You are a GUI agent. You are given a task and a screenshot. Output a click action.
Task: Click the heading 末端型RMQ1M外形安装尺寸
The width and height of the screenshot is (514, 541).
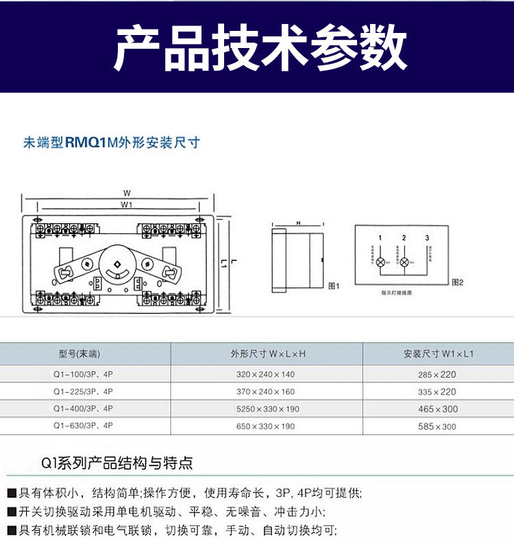click(x=112, y=143)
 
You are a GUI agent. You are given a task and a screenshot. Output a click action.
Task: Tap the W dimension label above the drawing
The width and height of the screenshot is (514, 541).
click(x=127, y=193)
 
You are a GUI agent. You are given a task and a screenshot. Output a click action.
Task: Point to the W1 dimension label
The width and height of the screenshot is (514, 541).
click(x=127, y=205)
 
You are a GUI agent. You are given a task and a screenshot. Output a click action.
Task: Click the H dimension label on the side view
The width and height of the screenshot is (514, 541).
click(x=299, y=224)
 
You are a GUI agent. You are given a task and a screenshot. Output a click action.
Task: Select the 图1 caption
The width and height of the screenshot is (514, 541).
click(x=334, y=286)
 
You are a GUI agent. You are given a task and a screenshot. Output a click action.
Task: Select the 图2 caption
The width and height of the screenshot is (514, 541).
click(x=458, y=282)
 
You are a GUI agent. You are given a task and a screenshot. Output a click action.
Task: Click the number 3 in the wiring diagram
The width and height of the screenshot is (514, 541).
click(x=427, y=238)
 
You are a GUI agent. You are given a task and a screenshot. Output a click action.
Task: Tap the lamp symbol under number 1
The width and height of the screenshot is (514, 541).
click(x=381, y=262)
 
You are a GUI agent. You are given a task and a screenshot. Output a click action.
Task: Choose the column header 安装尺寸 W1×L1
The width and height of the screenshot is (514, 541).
click(x=439, y=354)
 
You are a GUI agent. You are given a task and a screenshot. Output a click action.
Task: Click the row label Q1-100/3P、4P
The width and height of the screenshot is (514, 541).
click(x=83, y=374)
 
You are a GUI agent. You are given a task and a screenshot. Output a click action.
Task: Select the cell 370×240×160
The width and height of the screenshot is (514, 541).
click(x=267, y=391)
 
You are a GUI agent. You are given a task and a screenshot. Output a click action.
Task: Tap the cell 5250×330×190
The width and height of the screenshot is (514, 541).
click(x=267, y=409)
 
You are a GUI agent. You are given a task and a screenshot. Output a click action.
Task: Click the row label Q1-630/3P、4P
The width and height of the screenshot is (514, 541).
click(x=83, y=426)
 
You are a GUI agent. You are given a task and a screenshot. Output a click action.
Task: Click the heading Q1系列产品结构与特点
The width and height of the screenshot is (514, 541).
click(x=117, y=463)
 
